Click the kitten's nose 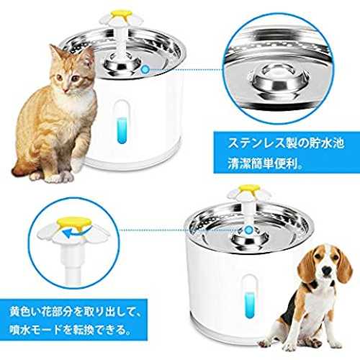click(66, 89)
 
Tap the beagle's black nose click(326, 271)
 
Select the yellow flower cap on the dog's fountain click(249, 189)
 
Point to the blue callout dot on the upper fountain click(145, 70)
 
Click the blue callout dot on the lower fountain click(248, 230)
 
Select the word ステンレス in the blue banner click(257, 143)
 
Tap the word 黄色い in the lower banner click(27, 312)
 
